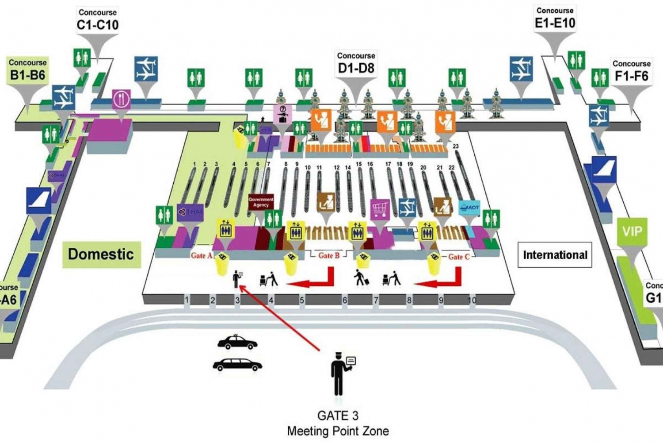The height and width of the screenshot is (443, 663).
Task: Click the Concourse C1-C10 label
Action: (x=98, y=20)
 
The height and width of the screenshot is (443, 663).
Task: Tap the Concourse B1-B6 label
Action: (x=27, y=69)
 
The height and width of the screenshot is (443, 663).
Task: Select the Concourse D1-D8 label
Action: (x=356, y=63)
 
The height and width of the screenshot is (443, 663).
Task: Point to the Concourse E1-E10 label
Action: (x=555, y=18)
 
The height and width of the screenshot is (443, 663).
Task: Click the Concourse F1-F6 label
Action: (x=631, y=71)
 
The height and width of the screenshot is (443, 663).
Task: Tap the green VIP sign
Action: (x=632, y=231)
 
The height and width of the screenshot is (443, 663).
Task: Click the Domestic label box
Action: (x=101, y=254)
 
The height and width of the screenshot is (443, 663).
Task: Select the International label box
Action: (x=555, y=255)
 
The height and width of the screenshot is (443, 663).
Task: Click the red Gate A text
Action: (x=202, y=255)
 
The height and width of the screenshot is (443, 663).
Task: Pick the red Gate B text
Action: (x=329, y=256)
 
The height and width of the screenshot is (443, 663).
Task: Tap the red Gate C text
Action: (x=459, y=257)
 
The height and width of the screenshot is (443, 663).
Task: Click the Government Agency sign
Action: (x=261, y=202)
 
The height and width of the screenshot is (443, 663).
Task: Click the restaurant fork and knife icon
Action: (x=121, y=99)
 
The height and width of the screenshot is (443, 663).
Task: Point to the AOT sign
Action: (x=469, y=207)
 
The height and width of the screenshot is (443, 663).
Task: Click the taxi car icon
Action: (x=237, y=342)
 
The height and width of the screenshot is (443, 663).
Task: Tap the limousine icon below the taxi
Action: (x=237, y=365)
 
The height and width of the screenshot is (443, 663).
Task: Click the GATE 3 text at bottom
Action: (x=338, y=416)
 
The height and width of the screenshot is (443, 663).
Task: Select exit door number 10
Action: (x=472, y=300)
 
